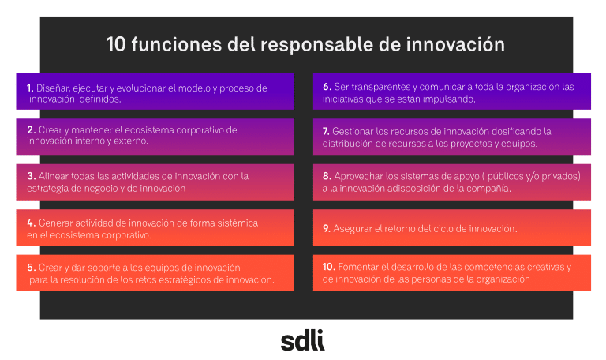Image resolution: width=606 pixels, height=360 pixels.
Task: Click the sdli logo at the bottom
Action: pos(302,340)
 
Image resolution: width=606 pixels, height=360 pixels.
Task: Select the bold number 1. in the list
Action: pos(30,88)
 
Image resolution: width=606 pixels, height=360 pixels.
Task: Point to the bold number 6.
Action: pos(327,85)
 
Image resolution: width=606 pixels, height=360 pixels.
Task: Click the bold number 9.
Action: pos(327,228)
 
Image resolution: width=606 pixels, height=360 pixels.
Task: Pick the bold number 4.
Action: pos(31,223)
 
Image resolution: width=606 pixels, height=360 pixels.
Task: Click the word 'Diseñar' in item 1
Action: pos(54,88)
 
